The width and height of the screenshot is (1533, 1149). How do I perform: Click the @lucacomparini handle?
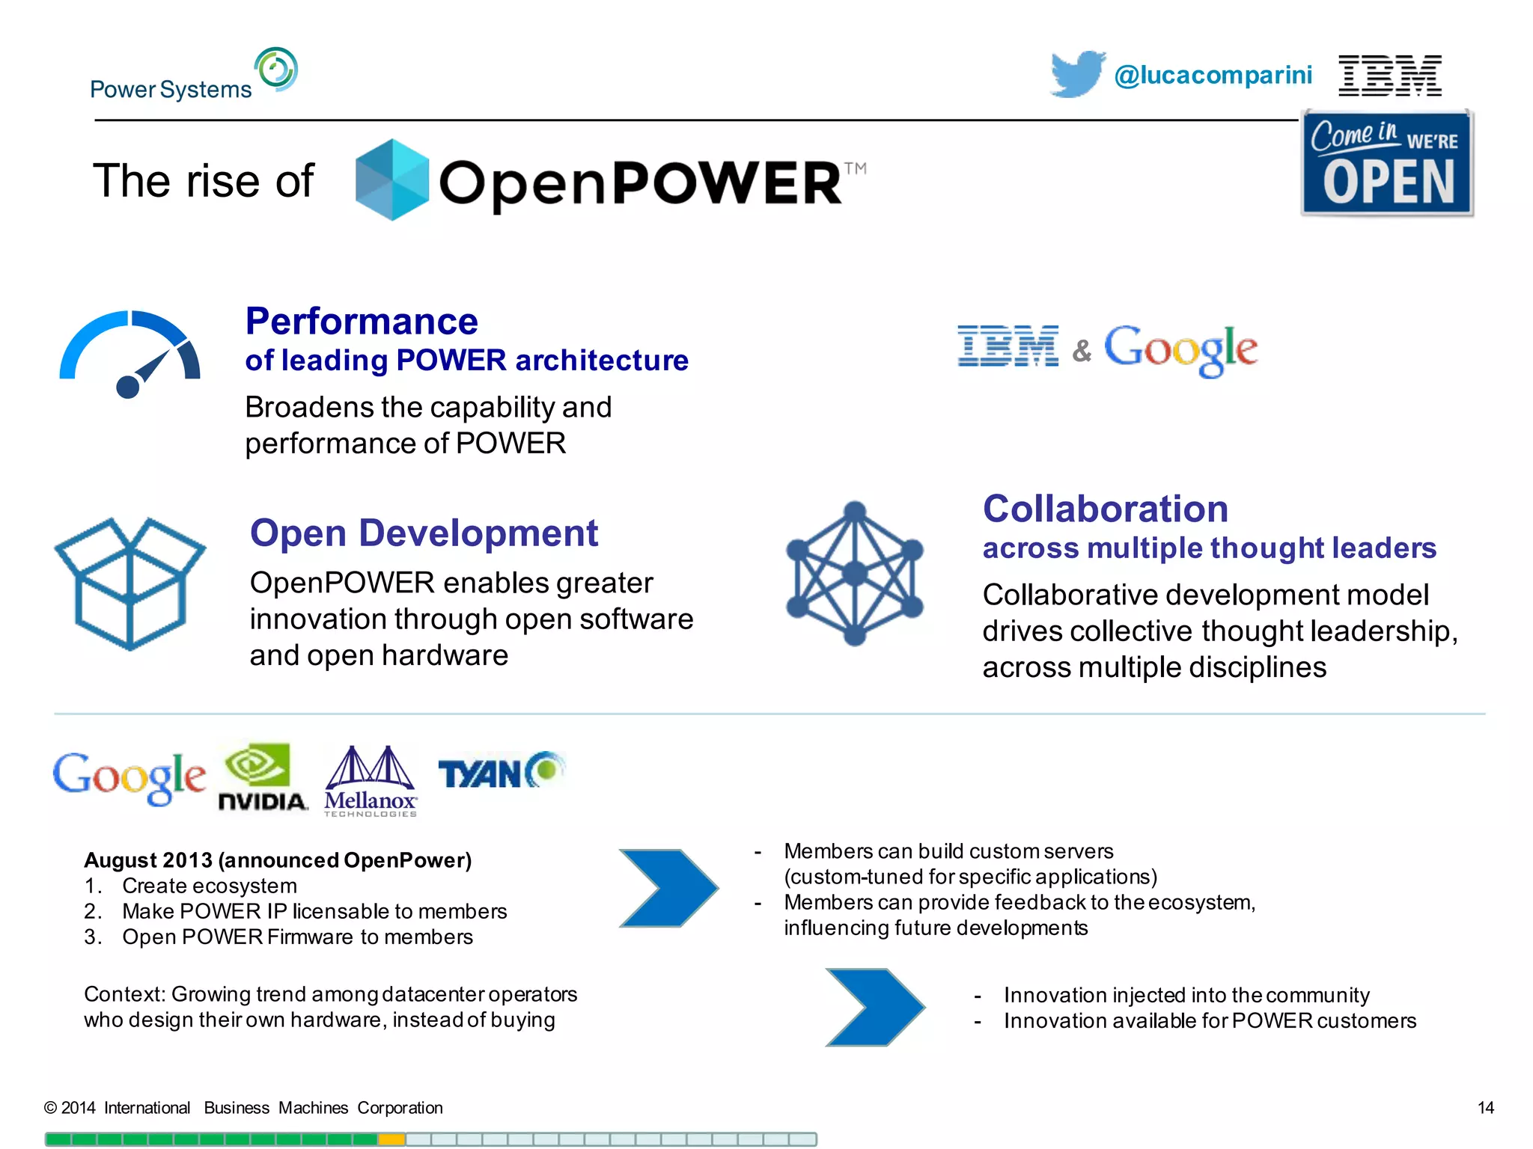point(1213,75)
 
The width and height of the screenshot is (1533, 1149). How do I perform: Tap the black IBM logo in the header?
point(1389,76)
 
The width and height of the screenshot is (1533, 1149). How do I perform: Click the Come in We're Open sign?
point(1387,163)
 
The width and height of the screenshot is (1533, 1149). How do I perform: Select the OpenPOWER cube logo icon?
point(391,180)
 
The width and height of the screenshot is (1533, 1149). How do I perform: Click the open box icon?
point(129,583)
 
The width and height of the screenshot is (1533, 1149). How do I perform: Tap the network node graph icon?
point(854,573)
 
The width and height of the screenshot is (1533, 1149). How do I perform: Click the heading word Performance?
point(362,322)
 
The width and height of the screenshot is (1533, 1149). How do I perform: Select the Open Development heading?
point(424,533)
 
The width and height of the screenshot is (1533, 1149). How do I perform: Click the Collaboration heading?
point(1105,509)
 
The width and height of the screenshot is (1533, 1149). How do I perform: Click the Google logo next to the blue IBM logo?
point(1180,349)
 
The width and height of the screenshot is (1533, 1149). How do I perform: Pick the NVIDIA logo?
point(262,777)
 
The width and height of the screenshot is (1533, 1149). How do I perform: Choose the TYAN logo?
point(500,771)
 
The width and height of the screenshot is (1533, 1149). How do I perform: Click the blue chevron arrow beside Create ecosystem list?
point(668,888)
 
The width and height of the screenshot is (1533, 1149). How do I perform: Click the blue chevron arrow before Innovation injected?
point(874,1007)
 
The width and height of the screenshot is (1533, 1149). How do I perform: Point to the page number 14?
point(1485,1108)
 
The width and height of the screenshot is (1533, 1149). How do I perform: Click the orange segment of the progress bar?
point(391,1139)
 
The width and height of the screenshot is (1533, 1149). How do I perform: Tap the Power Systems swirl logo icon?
point(275,70)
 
